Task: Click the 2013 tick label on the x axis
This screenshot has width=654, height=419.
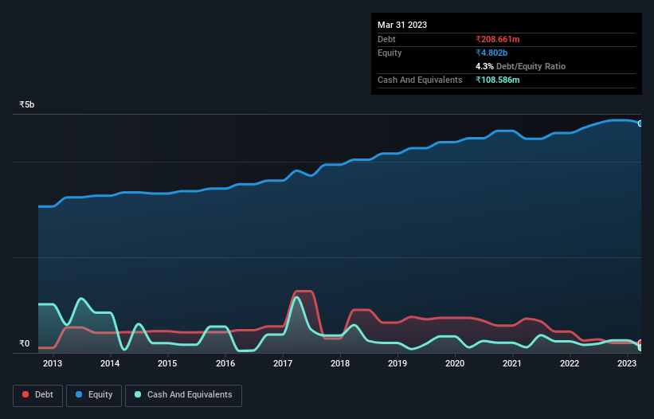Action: tap(53, 363)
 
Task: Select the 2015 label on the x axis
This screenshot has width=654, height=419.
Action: tap(167, 363)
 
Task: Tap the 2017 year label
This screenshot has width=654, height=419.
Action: tap(283, 363)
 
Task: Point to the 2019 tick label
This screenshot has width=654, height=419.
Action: tap(397, 363)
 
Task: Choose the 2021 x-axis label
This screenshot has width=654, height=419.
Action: tap(512, 363)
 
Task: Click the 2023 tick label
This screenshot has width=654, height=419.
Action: tap(627, 363)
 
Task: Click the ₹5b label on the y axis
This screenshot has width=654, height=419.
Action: tap(27, 105)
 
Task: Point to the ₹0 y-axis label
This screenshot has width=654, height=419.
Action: tap(25, 344)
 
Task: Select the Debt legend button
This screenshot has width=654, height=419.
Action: tap(37, 394)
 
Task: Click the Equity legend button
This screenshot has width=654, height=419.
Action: tap(94, 394)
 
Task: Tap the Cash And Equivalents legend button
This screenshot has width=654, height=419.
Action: tap(183, 394)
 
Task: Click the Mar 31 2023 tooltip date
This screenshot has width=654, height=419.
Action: tap(402, 25)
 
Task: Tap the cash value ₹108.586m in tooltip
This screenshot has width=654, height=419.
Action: tap(503, 80)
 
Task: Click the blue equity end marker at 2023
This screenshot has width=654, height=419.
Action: tap(640, 123)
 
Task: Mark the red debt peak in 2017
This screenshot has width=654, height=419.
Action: tap(304, 292)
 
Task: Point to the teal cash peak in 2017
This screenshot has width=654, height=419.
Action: tap(296, 297)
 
